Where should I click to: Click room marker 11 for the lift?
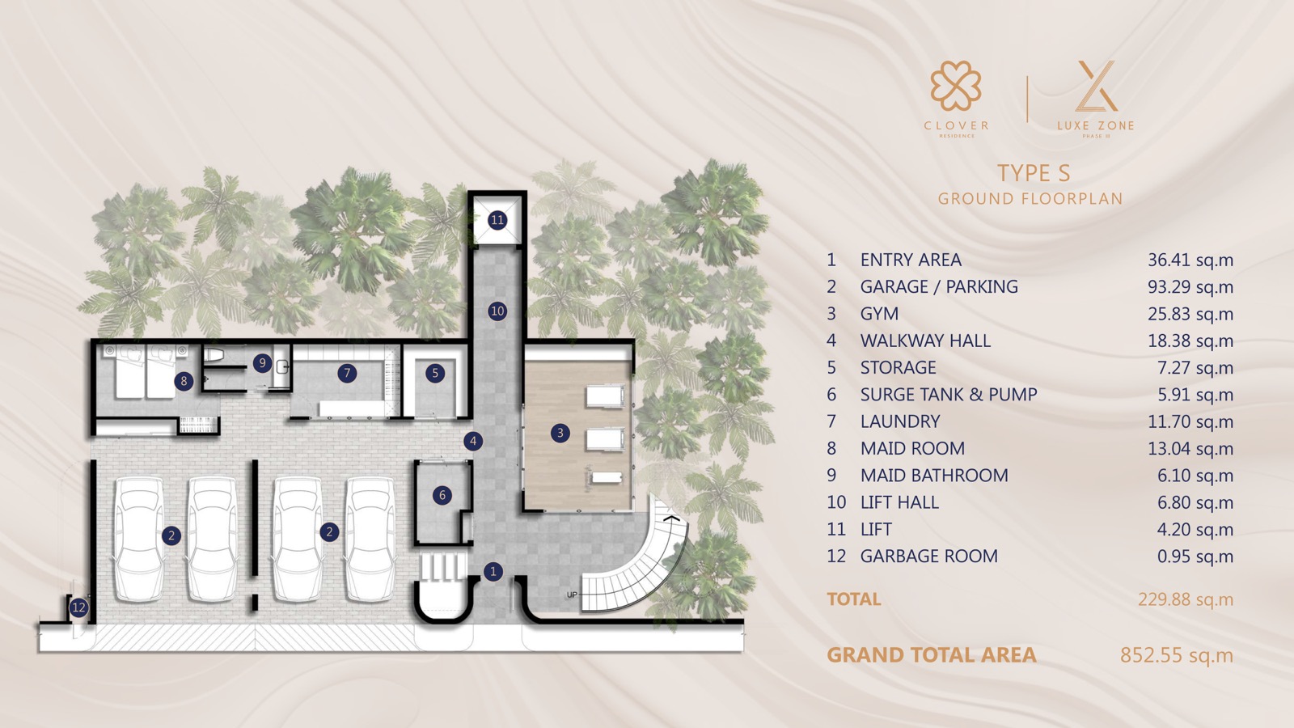(x=497, y=220)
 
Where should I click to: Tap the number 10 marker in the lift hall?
(x=497, y=311)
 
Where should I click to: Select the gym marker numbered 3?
(x=560, y=433)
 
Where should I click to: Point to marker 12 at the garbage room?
(x=78, y=607)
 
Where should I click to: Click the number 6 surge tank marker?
(x=442, y=495)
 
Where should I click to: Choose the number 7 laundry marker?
(x=347, y=373)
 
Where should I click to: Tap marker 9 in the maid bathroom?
(x=262, y=363)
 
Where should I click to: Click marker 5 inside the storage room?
(x=435, y=373)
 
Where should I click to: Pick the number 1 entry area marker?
(x=493, y=572)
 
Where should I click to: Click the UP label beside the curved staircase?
(x=572, y=595)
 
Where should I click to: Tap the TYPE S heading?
(x=1034, y=173)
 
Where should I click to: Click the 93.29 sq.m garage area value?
(x=1190, y=287)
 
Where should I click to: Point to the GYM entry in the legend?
(x=879, y=314)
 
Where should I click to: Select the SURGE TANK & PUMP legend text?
(x=949, y=395)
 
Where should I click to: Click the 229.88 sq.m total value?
(x=1186, y=599)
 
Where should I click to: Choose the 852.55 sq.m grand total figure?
(x=1177, y=655)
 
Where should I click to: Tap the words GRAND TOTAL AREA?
(x=931, y=655)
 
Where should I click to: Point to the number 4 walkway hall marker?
(x=473, y=442)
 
